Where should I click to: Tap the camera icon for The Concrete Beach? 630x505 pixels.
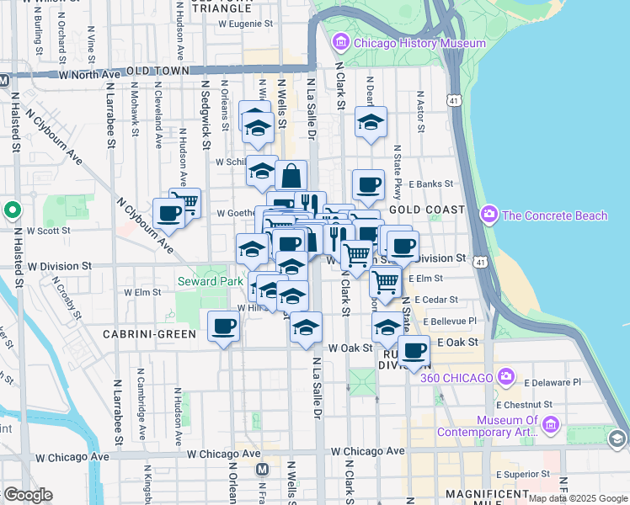coord(489,216)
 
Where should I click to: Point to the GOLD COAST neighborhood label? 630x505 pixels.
coord(426,210)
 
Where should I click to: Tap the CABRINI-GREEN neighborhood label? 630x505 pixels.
coord(149,334)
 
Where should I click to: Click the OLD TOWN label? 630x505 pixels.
coord(157,72)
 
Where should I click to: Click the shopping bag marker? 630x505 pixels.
coord(291,177)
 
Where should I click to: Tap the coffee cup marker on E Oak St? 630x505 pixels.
coord(414,351)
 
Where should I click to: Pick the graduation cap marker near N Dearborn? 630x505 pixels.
coord(370,122)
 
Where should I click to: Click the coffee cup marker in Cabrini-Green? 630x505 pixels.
coord(224,327)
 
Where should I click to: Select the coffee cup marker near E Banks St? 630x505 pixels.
coord(367,186)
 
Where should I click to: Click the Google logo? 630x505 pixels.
coord(28,495)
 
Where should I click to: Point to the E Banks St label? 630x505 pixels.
coord(430,183)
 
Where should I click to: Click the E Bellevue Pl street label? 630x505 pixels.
coord(451,321)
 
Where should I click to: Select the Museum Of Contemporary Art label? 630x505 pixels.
coord(507,426)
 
